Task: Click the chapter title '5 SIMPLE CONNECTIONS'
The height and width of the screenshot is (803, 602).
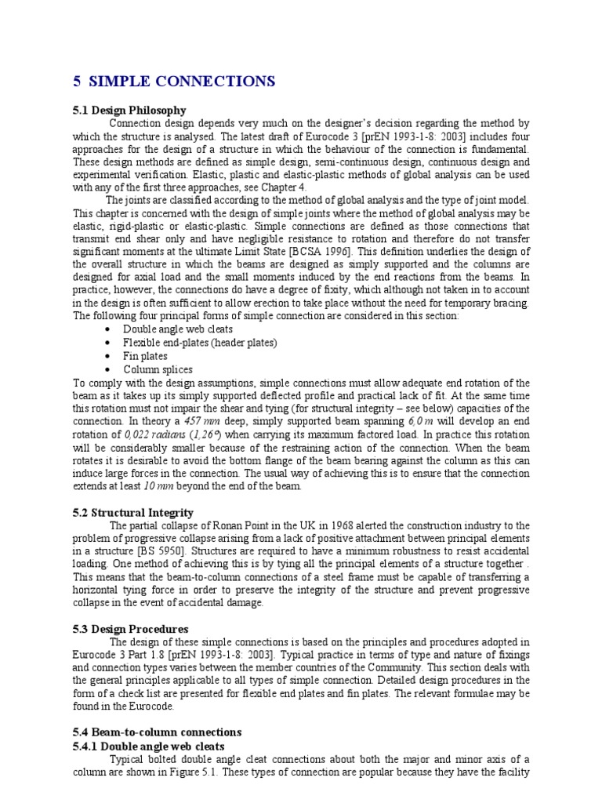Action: (x=173, y=82)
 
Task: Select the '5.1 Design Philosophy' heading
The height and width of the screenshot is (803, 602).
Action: (x=129, y=111)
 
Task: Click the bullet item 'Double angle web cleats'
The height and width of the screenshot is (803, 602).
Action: (x=178, y=329)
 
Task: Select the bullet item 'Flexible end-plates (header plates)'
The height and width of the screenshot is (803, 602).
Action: (x=201, y=343)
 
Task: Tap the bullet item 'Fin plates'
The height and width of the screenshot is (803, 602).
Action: (x=146, y=356)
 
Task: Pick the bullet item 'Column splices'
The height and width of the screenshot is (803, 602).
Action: (x=158, y=369)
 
